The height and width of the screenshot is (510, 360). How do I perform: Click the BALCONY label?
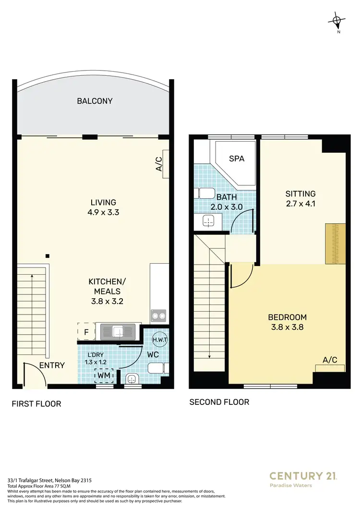point(95,101)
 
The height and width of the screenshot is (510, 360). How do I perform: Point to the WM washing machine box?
point(104,375)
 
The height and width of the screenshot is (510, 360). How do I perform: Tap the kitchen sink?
point(118,330)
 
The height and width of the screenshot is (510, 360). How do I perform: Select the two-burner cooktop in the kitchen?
point(160,316)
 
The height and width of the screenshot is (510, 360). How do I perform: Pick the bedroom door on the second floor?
point(241,277)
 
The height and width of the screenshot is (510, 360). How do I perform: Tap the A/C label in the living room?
point(159,163)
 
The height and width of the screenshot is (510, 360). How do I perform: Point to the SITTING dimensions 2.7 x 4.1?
point(300,204)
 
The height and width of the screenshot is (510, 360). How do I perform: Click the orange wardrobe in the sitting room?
point(335,243)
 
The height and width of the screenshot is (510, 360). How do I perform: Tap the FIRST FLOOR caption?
point(36,404)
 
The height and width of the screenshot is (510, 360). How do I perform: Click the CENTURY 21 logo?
point(303,476)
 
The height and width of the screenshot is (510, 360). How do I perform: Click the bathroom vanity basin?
point(208,221)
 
